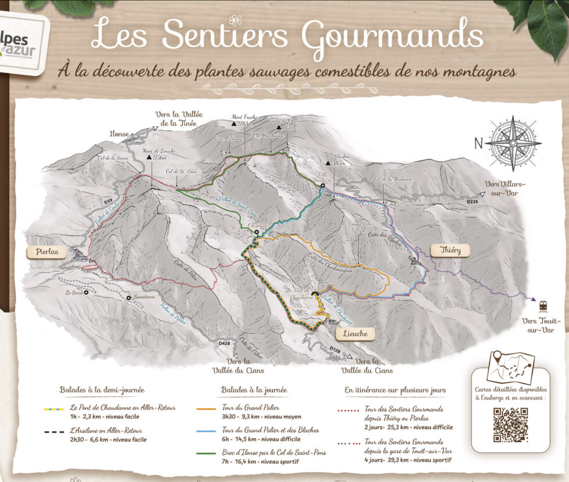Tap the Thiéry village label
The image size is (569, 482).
[450, 250]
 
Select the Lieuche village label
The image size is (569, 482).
[355, 334]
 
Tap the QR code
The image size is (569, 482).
[510, 425]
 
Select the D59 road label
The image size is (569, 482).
[108, 201]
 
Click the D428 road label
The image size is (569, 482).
[225, 345]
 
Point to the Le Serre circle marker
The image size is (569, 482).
[86, 293]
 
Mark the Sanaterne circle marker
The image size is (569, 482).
[128, 298]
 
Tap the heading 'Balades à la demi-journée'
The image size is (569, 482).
[102, 390]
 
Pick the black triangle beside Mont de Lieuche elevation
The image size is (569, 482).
[149, 157]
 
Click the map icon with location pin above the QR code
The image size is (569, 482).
[510, 367]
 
